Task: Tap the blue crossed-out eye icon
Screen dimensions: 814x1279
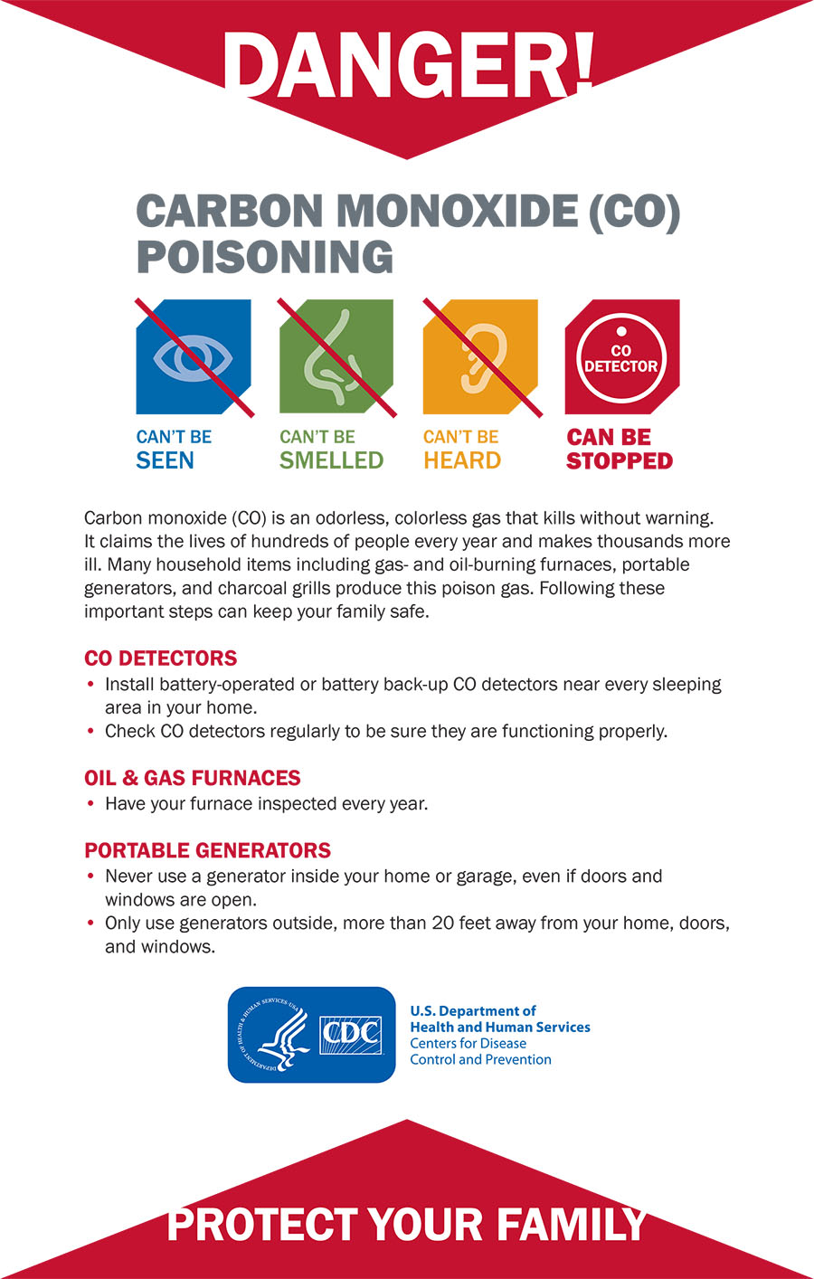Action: click(194, 357)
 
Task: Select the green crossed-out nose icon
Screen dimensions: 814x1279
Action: click(336, 357)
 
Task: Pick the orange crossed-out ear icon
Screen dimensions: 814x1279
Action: click(480, 357)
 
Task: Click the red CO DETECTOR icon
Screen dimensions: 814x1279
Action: click(621, 357)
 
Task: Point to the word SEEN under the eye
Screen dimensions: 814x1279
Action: click(165, 460)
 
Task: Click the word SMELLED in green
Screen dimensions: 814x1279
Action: click(331, 460)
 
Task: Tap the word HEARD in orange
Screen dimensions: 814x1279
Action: click(462, 460)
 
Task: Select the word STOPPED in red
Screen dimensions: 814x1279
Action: click(620, 460)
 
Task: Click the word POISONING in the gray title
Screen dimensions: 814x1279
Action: click(265, 257)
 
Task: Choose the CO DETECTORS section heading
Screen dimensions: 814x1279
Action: click(160, 658)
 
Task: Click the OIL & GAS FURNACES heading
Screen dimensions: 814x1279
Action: click(192, 778)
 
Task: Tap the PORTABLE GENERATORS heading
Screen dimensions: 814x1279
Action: click(207, 850)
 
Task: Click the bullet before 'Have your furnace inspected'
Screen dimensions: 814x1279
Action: click(90, 803)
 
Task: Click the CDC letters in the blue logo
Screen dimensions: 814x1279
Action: click(351, 1032)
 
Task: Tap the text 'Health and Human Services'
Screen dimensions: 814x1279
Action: click(500, 1028)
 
